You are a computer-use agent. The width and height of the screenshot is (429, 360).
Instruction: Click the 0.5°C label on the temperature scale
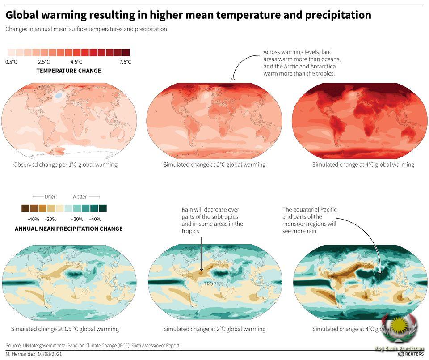click(11, 62)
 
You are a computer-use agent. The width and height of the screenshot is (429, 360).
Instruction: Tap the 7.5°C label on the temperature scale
click(125, 62)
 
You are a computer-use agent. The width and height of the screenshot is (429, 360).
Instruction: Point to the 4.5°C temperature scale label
click(76, 62)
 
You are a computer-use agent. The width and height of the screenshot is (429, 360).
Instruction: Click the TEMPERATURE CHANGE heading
click(69, 71)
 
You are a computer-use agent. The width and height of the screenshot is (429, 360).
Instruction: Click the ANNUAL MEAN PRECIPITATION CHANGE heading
click(69, 229)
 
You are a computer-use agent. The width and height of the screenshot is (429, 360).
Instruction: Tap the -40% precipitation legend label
click(34, 219)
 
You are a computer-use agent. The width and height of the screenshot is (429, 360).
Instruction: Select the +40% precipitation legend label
click(95, 219)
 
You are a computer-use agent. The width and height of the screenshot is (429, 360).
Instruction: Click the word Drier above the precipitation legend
click(50, 196)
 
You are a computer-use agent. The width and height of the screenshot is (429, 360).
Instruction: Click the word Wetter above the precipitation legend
click(80, 196)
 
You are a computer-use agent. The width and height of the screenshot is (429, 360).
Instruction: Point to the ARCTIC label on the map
click(213, 89)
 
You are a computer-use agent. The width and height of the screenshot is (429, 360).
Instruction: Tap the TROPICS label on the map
click(214, 284)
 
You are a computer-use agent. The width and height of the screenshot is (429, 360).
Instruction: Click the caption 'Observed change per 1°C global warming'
click(65, 165)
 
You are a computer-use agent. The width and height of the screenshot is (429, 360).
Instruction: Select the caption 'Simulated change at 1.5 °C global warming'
click(65, 329)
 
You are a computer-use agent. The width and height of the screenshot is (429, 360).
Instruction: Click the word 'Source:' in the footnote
click(14, 346)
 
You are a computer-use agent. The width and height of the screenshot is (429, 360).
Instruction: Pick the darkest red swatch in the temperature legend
click(126, 52)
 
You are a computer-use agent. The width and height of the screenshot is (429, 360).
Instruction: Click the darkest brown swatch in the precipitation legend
click(25, 208)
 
